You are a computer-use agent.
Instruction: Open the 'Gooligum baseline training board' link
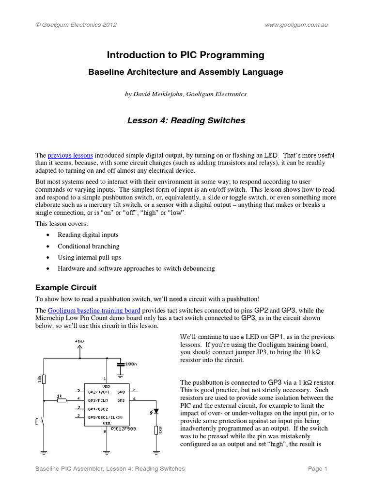coord(94,310)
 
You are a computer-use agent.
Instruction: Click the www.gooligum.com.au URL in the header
coord(297,25)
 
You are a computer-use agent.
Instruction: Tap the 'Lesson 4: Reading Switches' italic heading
coord(186,120)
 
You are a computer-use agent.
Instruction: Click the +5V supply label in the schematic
coord(79,342)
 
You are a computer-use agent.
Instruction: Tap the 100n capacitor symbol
coord(119,363)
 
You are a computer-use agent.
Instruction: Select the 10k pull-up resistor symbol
coord(44,379)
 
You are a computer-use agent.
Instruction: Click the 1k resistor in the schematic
coord(61,400)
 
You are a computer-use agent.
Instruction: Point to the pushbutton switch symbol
coord(42,422)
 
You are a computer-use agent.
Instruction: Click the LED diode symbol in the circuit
coord(155,412)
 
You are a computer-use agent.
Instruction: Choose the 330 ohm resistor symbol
coord(156,430)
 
